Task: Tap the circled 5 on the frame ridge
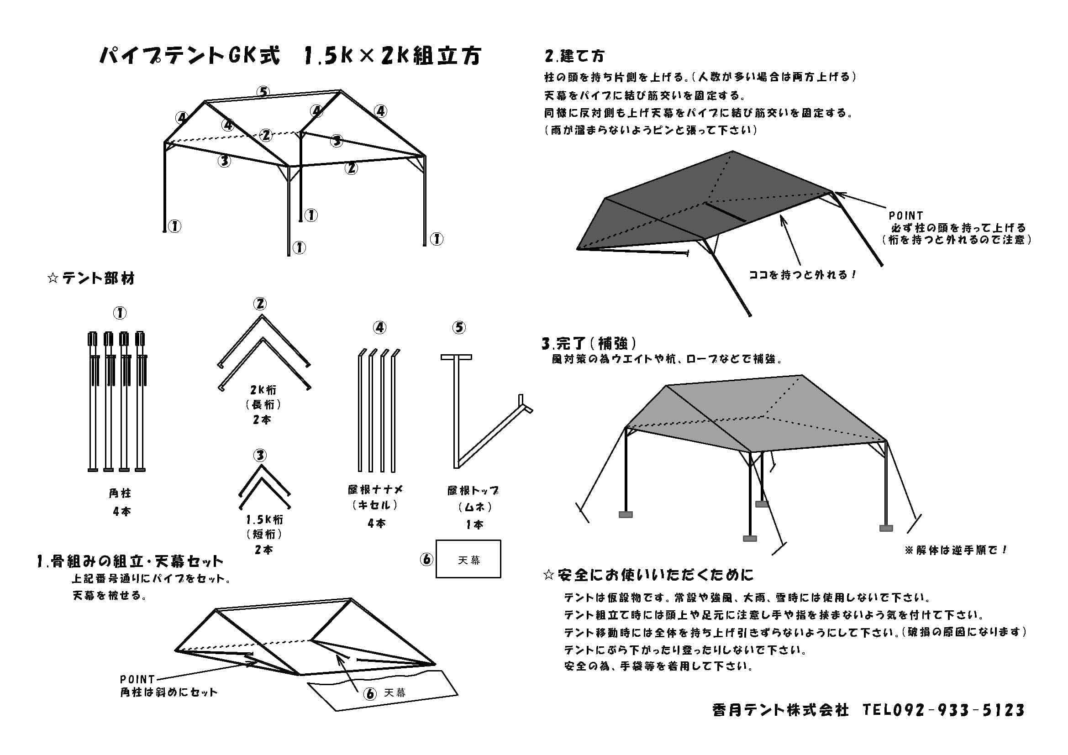[264, 92]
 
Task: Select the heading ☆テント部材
[91, 279]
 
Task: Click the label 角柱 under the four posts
[120, 493]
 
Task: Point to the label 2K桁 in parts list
[263, 390]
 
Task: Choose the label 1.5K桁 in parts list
[264, 519]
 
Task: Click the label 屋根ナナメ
[375, 489]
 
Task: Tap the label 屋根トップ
[473, 490]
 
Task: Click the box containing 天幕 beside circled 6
[468, 559]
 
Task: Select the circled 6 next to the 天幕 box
[426, 559]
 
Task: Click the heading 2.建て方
[575, 56]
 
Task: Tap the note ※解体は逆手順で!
[955, 550]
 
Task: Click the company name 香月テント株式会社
[780, 710]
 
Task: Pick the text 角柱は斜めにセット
[168, 692]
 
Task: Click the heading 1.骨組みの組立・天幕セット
[130, 561]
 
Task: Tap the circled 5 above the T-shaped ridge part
[458, 328]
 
